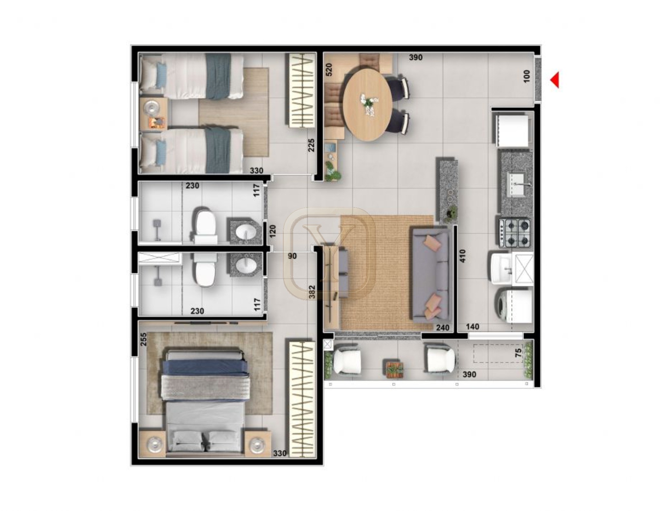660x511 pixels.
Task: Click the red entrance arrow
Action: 555,80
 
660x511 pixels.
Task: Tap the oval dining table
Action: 367,104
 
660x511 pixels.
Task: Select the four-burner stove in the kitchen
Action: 514,233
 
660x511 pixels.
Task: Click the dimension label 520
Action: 329,70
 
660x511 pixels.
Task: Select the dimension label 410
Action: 462,256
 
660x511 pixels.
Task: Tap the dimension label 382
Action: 312,292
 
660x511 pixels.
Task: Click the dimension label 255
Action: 143,339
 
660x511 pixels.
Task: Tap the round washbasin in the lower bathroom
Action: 247,266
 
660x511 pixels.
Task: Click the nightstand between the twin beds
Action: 153,114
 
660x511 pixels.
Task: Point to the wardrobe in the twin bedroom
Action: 300,91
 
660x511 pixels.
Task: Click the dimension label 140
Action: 472,326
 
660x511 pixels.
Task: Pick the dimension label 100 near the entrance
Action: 527,76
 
